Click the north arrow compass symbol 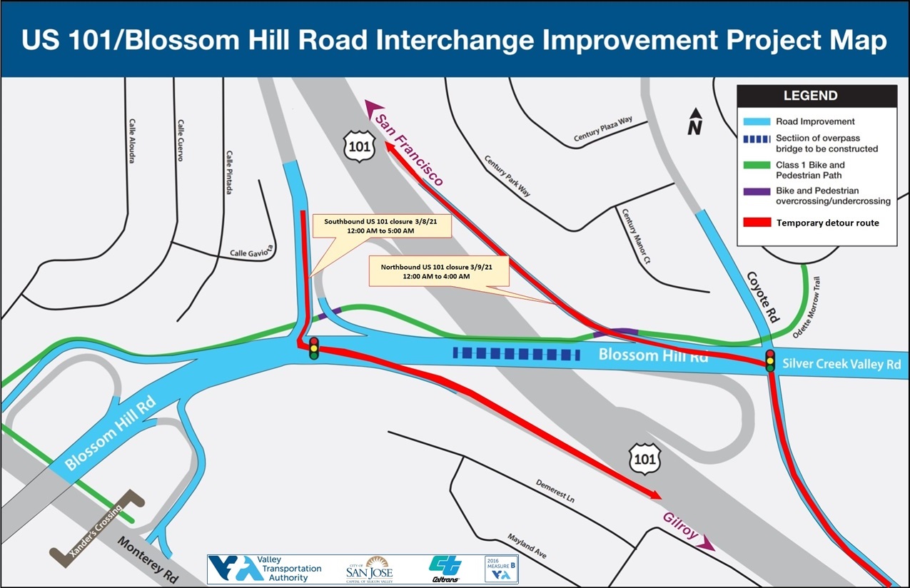click(694, 121)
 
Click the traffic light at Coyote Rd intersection click(770, 360)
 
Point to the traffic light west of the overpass click(313, 348)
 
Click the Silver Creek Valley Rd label click(841, 364)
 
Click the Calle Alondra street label click(132, 141)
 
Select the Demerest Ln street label click(555, 490)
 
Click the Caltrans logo click(444, 569)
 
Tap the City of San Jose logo click(369, 569)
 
